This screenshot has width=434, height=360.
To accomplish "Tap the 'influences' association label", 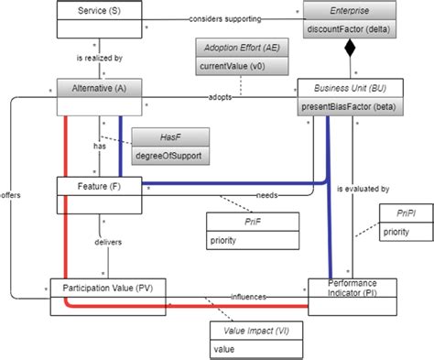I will click(248, 295).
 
